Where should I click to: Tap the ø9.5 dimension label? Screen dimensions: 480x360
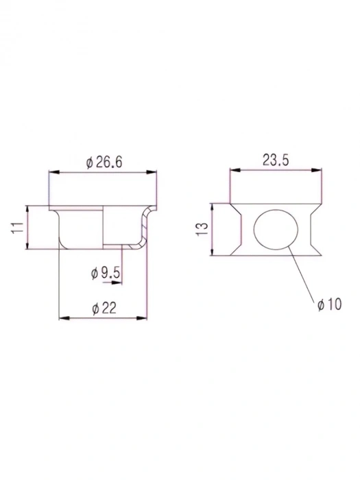[106, 273]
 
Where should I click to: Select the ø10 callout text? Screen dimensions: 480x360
[329, 303]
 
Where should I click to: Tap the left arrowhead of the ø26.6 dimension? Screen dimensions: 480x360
[52, 173]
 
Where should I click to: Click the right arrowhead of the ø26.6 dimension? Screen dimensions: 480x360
[153, 173]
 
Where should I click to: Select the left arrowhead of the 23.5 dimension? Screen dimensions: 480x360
[234, 170]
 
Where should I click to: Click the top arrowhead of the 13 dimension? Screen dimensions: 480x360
[213, 206]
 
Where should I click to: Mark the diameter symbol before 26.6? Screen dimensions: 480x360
[89, 163]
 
